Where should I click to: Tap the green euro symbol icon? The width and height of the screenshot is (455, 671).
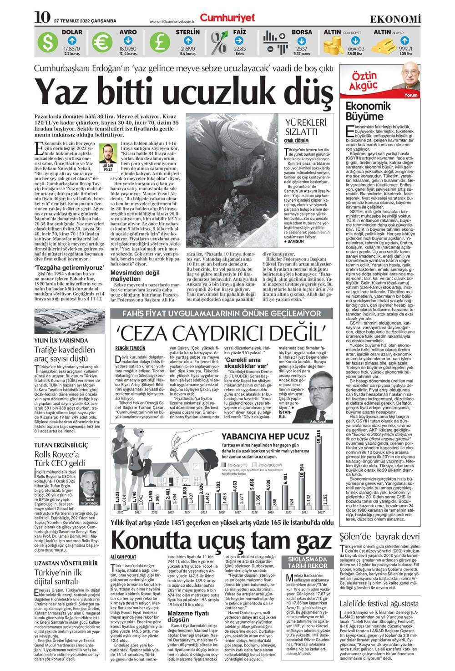(102, 43)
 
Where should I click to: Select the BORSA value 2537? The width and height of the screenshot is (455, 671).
(302, 49)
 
